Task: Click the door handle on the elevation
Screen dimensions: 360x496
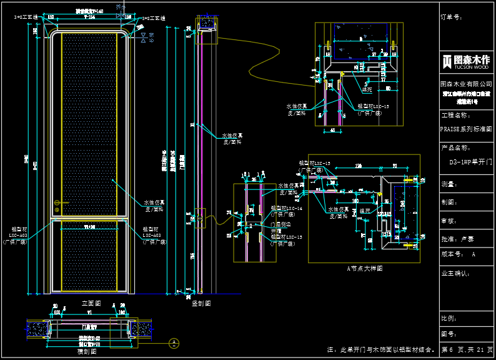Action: point(58,202)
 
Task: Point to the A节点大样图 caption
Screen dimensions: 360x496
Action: point(365,267)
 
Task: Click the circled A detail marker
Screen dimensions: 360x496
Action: point(174,342)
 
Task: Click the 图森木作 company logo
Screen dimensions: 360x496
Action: point(466,62)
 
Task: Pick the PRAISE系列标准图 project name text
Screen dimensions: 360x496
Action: point(466,129)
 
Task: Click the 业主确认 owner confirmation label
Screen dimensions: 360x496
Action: point(455,273)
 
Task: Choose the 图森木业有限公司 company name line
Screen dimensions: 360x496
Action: point(466,83)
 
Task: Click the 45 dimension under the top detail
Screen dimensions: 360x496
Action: point(332,130)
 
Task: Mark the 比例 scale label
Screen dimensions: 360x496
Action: point(449,318)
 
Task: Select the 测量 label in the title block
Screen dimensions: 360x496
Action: point(449,184)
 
